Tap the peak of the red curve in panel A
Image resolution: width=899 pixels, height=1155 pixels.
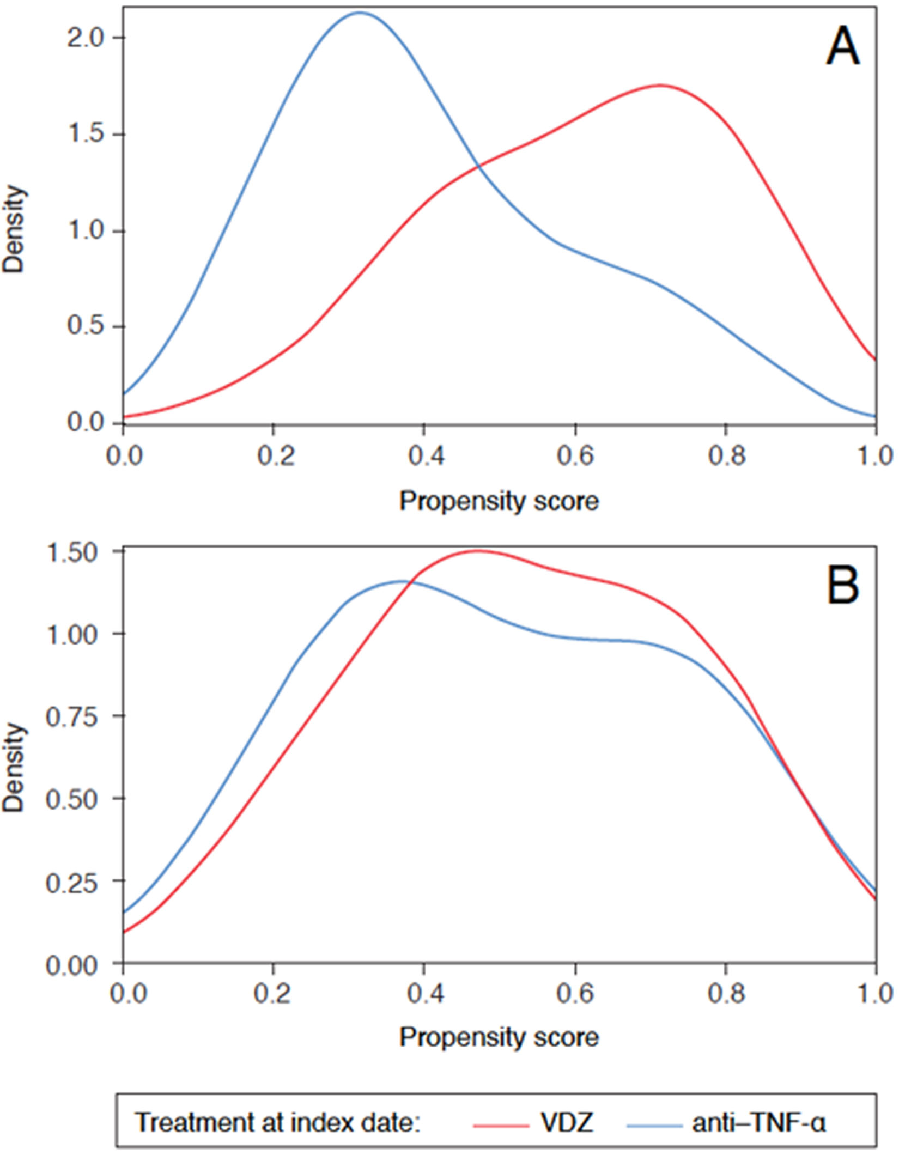click(660, 85)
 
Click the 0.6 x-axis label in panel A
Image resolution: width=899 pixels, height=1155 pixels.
click(575, 455)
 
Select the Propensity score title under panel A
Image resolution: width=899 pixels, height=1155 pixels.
click(499, 501)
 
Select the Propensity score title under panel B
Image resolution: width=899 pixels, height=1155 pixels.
click(499, 1037)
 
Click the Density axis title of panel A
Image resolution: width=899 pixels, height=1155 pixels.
click(14, 229)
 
